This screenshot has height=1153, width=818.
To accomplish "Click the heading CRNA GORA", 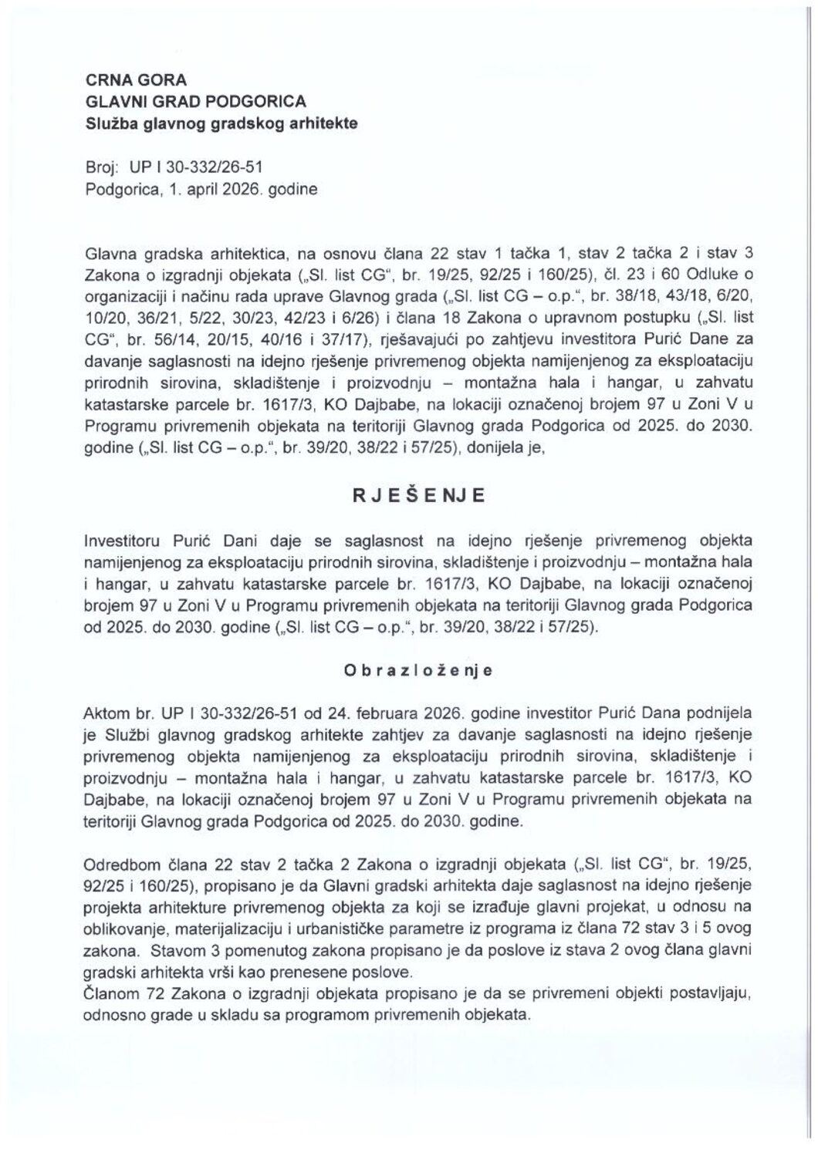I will tap(125, 80).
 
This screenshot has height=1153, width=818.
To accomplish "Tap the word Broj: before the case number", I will tap(103, 166).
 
